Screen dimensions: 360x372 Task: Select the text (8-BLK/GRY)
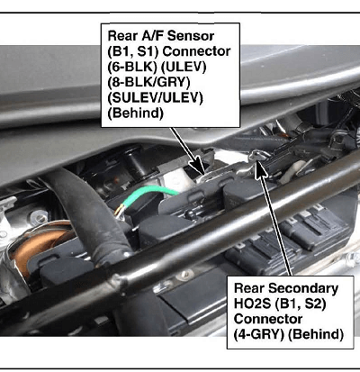point(148,82)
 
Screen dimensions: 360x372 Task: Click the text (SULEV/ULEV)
point(155,98)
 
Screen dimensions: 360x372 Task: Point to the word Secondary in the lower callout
point(303,288)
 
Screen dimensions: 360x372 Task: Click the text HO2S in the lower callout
point(251,304)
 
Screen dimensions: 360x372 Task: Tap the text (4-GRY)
point(259,334)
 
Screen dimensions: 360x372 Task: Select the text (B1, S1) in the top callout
point(133,51)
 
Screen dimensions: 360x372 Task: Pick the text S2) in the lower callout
point(315,304)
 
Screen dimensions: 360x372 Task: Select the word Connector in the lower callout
point(268,319)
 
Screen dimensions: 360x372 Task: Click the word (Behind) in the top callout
point(135,113)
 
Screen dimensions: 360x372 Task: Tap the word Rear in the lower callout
point(249,288)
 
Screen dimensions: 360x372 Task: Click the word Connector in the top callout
point(196,51)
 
